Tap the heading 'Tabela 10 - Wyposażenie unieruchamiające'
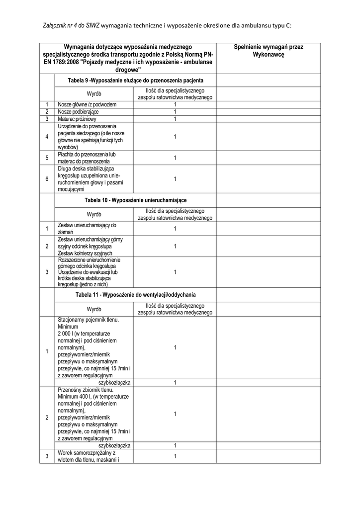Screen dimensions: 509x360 point(135,200)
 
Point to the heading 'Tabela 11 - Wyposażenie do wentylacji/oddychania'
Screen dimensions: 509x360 point(135,295)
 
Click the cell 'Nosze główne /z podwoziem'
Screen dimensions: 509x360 point(87,105)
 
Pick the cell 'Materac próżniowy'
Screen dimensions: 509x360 point(77,119)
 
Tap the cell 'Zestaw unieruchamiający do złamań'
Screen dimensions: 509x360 point(87,229)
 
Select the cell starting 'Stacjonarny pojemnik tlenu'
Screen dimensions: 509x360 point(90,348)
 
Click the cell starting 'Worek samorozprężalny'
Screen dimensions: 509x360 point(87,456)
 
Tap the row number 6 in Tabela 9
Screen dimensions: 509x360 point(46,179)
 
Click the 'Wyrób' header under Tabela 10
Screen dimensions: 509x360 point(94,214)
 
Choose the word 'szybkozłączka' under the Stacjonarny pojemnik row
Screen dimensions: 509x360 point(114,382)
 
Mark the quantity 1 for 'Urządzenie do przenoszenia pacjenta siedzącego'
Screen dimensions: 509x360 point(175,137)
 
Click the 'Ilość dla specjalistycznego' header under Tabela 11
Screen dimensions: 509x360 point(175,307)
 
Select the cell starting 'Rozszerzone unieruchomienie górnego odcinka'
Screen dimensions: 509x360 point(90,272)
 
